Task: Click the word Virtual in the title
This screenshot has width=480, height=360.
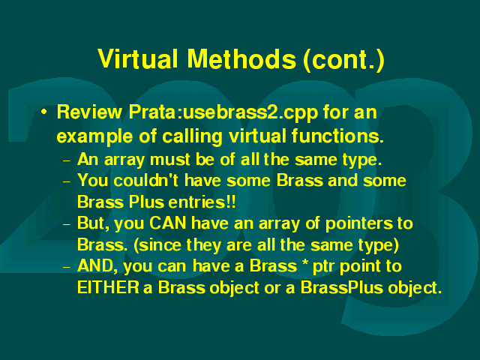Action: pyautogui.click(x=138, y=58)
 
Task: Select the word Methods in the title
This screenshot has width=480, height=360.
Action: pyautogui.click(x=241, y=58)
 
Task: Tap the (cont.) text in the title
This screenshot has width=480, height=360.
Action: pyautogui.click(x=343, y=60)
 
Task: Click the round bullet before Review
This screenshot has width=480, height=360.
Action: pyautogui.click(x=44, y=112)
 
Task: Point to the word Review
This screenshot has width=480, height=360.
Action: pyautogui.click(x=89, y=112)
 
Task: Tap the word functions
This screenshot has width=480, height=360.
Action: pyautogui.click(x=337, y=136)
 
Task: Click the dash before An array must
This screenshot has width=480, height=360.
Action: pyautogui.click(x=67, y=160)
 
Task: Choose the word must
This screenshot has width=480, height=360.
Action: pyautogui.click(x=170, y=160)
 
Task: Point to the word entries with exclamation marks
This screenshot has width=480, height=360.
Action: pyautogui.click(x=202, y=202)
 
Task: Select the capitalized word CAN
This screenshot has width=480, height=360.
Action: pyautogui.click(x=168, y=223)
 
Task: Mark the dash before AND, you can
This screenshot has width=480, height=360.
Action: pyautogui.click(x=67, y=267)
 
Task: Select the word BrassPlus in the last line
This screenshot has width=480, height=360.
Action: pyautogui.click(x=342, y=287)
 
